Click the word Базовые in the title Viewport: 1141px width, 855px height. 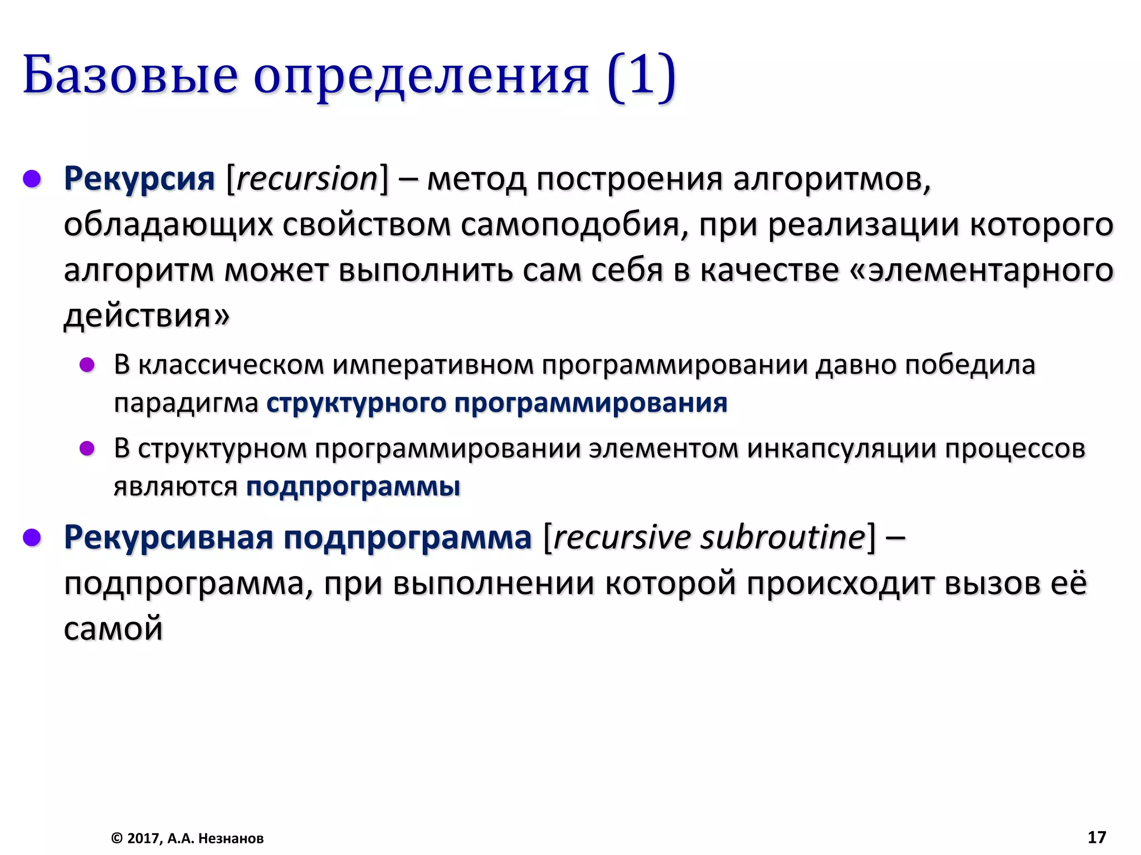130,75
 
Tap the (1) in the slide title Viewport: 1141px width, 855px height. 641,75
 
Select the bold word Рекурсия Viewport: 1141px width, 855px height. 139,179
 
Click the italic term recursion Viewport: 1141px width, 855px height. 307,179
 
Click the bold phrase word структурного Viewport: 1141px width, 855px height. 357,403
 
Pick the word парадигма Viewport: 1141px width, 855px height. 186,403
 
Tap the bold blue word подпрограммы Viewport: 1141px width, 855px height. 353,487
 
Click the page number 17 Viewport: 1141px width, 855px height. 1096,837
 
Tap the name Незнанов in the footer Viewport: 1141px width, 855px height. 231,838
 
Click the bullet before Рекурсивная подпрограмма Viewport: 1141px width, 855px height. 32,538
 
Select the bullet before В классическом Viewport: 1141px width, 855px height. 87,365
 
